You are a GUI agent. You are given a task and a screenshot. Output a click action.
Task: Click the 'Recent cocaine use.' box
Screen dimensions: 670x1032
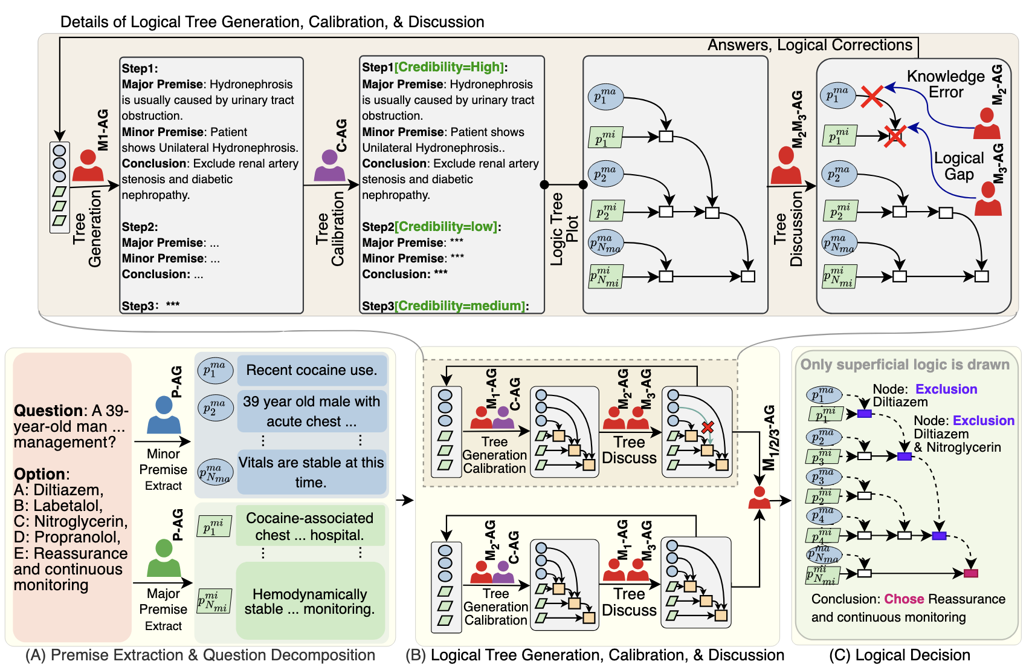311,370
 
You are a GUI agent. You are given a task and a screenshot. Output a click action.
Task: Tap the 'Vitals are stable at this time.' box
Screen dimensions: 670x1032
311,472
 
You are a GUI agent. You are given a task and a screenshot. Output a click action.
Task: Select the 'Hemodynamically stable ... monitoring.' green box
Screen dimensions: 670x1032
310,601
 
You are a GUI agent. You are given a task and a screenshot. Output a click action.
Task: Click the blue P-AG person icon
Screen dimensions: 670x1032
164,415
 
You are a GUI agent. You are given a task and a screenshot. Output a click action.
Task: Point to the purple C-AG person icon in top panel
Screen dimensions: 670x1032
329,166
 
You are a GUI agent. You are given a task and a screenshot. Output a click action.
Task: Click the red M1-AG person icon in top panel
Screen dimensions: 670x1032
88,166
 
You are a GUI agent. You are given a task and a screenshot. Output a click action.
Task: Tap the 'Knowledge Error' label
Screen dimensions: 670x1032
946,84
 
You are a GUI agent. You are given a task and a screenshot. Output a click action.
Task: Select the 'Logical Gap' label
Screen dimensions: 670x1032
959,166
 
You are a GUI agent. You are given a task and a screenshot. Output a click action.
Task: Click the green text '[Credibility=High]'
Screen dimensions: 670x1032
449,67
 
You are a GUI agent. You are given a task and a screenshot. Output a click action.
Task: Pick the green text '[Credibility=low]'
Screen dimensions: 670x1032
446,227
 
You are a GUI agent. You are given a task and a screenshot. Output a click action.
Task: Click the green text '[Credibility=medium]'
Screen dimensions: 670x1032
461,306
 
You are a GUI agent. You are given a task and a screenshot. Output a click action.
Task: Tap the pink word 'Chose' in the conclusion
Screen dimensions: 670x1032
904,599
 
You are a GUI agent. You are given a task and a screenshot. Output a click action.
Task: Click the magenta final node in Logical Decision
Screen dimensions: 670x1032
971,573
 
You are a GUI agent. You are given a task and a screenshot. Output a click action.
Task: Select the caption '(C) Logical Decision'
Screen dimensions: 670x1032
899,655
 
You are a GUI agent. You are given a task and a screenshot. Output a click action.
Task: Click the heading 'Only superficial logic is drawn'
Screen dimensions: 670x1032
905,365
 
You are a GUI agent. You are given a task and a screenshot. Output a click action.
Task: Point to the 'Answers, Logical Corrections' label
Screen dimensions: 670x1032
810,45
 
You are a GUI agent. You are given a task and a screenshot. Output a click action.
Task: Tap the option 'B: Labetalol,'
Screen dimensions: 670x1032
58,506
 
